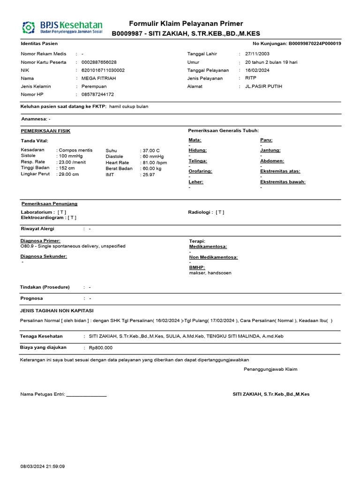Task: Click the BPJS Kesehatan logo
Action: point(62,27)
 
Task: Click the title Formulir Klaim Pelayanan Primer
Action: point(186,24)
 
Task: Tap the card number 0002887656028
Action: point(99,62)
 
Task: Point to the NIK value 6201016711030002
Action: point(103,70)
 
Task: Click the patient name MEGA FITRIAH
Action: point(98,78)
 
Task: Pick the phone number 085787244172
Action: point(97,94)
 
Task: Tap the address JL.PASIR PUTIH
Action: point(264,86)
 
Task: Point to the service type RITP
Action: point(251,78)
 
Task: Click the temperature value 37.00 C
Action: point(151,150)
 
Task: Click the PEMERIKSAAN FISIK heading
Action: point(45,131)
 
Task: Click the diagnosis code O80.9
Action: point(28,246)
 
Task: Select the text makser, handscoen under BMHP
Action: point(210,273)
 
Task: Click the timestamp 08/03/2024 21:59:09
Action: point(43,466)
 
